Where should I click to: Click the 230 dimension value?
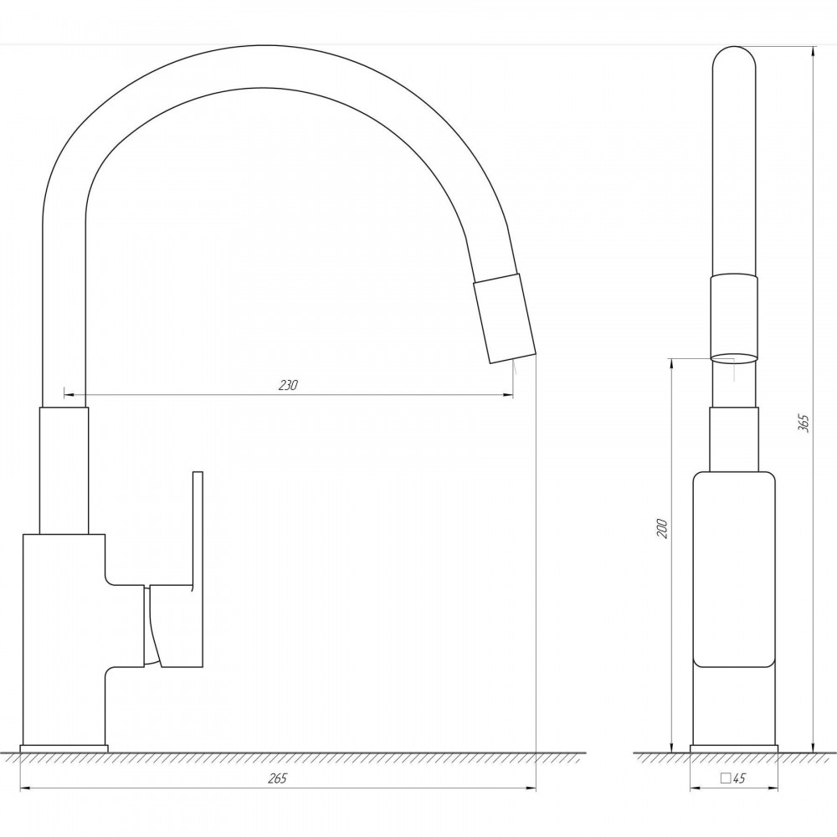click(288, 385)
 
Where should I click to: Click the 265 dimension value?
click(278, 778)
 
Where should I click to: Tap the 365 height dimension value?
click(804, 423)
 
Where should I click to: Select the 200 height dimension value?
click(662, 528)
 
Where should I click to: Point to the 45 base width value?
click(739, 778)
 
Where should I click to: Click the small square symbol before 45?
click(726, 778)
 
